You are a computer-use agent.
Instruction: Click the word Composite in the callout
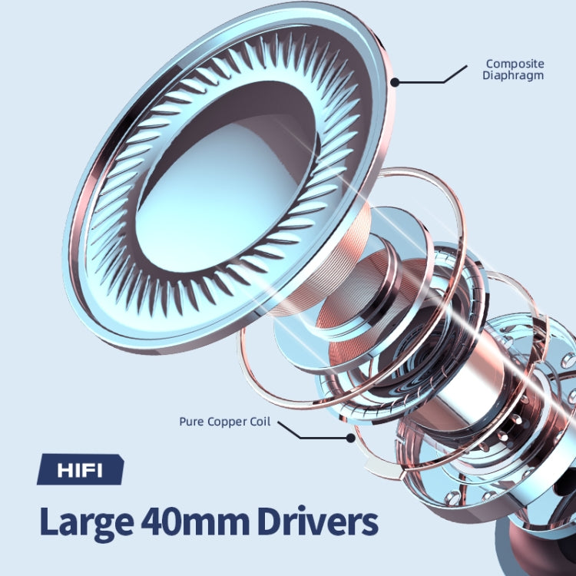tap(515, 64)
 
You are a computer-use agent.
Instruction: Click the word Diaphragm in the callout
tap(513, 76)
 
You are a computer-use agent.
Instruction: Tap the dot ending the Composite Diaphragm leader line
tap(395, 82)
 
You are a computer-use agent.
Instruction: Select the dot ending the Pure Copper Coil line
tap(351, 438)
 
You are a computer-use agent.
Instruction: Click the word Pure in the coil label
tap(191, 422)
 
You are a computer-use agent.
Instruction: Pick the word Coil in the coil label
tap(260, 422)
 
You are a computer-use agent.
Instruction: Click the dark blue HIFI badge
tap(81, 469)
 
